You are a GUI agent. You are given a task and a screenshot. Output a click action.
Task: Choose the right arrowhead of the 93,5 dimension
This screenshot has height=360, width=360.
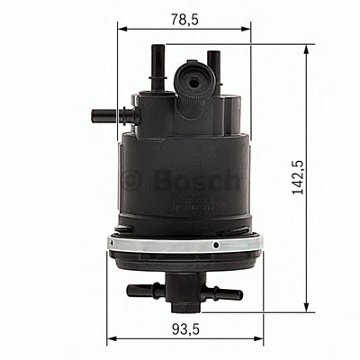258,340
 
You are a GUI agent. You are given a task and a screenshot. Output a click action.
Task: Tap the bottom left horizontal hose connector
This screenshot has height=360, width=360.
139,291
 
